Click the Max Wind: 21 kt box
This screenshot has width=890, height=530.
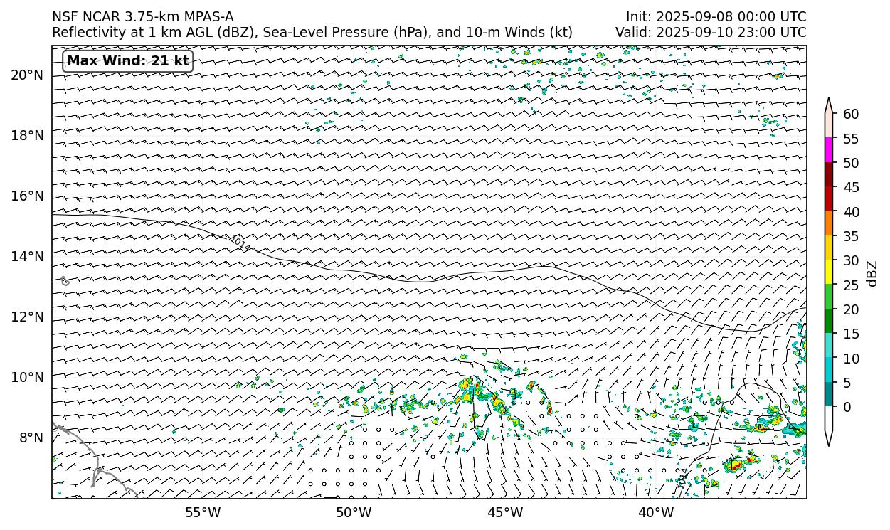click(x=128, y=61)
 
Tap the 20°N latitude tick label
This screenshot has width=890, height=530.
click(x=27, y=75)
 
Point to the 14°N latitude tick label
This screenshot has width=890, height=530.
click(x=27, y=257)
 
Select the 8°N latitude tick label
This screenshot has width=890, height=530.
click(x=31, y=438)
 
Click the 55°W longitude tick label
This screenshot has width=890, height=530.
click(x=203, y=512)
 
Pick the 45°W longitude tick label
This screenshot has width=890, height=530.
click(x=505, y=512)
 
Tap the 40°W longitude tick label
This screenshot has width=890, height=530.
click(x=656, y=512)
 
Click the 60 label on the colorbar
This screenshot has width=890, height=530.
click(x=850, y=115)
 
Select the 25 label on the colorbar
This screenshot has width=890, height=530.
click(x=850, y=285)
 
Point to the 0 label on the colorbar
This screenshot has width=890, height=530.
click(x=847, y=407)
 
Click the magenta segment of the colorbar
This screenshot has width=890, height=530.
click(x=829, y=150)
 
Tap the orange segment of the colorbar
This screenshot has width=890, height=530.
click(x=829, y=223)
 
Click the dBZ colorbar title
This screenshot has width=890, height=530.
click(x=873, y=274)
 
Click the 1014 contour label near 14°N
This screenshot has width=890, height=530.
click(x=240, y=244)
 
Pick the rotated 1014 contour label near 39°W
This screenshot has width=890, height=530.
click(x=683, y=477)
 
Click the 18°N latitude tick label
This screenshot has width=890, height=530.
click(x=27, y=136)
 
